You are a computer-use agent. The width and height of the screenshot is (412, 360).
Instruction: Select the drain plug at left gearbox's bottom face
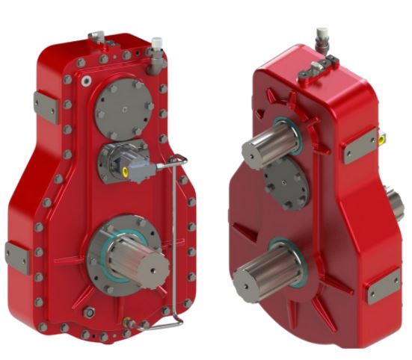tap(90, 312)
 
